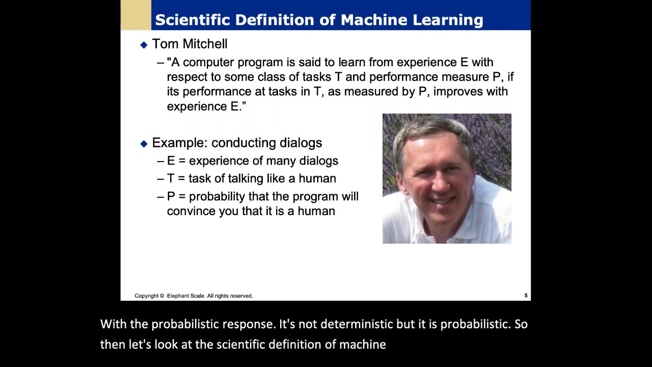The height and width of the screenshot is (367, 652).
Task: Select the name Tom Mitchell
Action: pos(189,44)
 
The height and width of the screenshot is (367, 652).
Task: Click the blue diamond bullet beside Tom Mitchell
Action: pos(144,45)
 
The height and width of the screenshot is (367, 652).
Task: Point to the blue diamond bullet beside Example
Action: pos(144,144)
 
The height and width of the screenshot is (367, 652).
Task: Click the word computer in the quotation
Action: pos(207,62)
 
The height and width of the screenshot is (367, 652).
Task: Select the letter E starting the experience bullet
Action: pos(171,161)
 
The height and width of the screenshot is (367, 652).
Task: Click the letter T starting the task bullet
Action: pos(171,178)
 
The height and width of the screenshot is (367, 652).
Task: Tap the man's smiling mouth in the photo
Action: pos(442,200)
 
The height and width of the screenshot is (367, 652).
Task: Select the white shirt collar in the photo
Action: pos(479,214)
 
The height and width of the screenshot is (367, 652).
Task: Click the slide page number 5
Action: pos(526,296)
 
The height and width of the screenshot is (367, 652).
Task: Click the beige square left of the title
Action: pos(135,15)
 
